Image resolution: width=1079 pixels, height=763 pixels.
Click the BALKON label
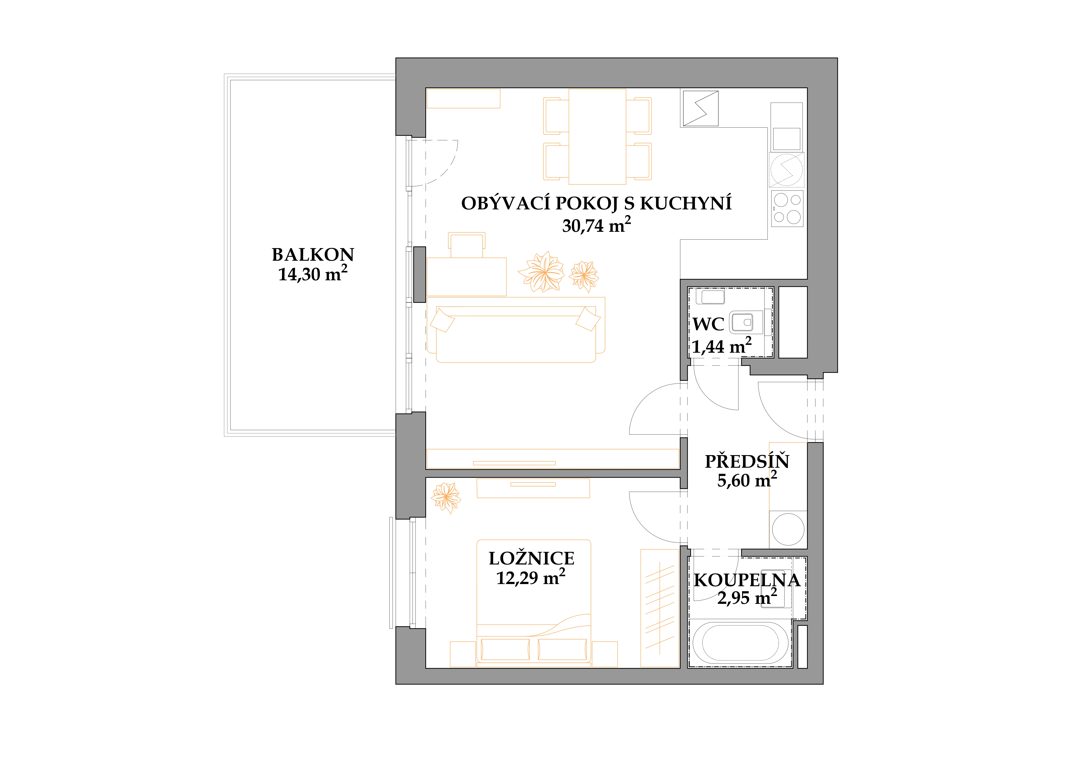tap(313, 255)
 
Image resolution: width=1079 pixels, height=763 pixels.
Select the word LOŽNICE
tap(532, 559)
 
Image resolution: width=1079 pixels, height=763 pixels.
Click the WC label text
tap(708, 324)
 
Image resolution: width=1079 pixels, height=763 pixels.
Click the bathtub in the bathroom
tap(741, 643)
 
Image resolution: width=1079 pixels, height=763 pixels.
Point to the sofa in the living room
tap(515, 330)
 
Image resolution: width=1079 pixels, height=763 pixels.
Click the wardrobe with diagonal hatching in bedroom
tap(660, 608)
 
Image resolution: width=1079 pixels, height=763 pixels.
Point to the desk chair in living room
tap(467, 244)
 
